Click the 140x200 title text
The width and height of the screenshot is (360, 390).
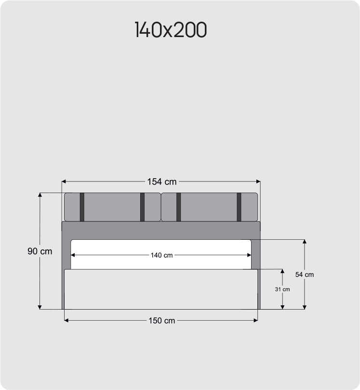click(171, 29)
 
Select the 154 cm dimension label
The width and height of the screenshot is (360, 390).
click(162, 182)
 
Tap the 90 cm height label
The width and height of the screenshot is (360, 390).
click(40, 251)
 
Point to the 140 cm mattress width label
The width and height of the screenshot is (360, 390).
click(161, 255)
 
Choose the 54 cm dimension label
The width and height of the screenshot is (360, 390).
click(305, 274)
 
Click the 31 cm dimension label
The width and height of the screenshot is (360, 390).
click(282, 289)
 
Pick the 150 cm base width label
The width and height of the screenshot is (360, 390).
click(162, 320)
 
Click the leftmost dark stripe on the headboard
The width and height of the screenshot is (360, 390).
click(82, 207)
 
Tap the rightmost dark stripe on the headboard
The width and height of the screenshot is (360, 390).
click(239, 207)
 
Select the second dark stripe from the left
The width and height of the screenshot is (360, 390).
click(142, 207)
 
